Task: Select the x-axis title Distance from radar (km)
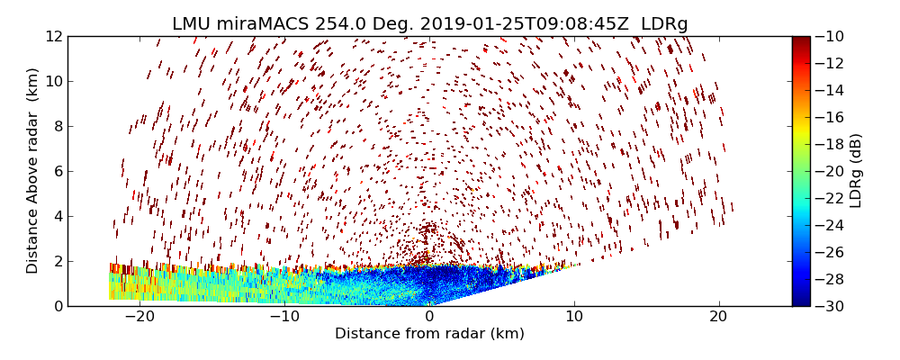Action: (429, 334)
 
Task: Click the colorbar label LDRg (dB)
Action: (856, 171)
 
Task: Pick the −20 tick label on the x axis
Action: (139, 316)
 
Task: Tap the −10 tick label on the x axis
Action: (284, 316)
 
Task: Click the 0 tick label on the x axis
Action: (429, 316)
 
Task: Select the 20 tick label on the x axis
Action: (718, 316)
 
